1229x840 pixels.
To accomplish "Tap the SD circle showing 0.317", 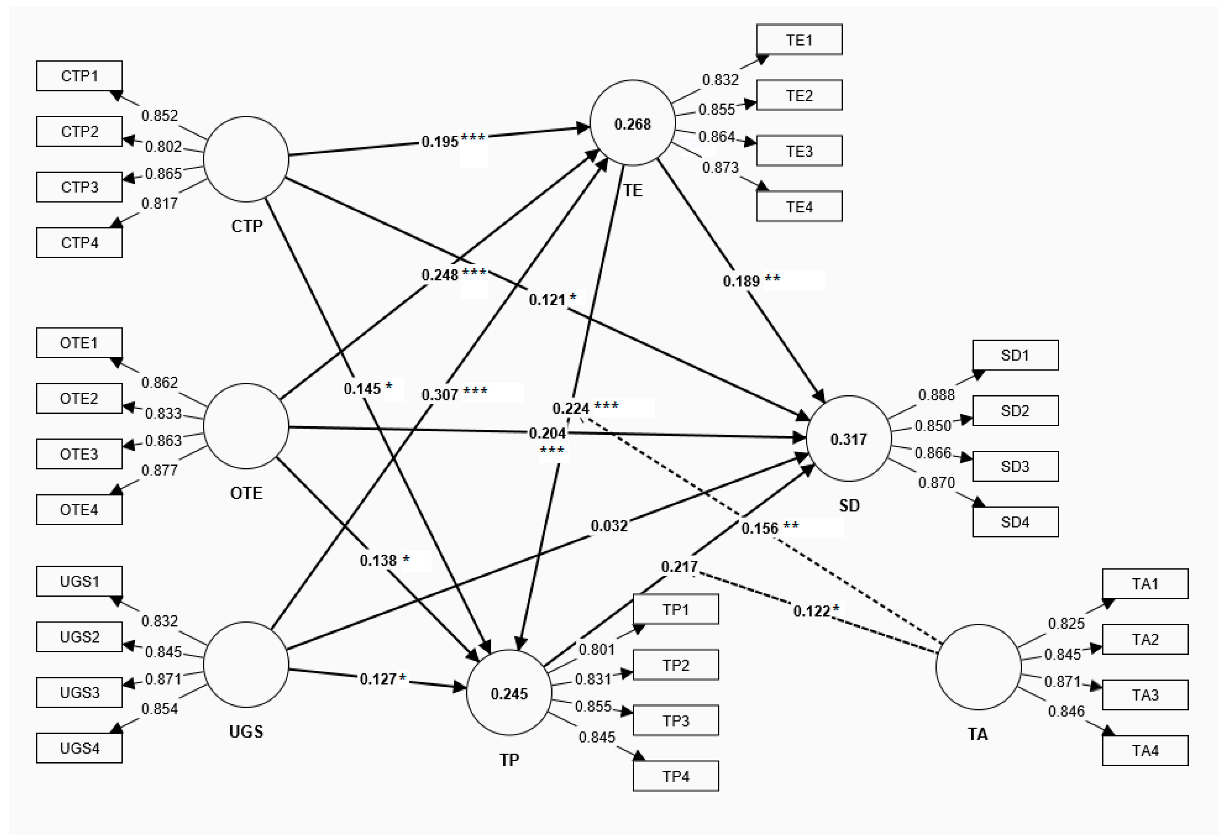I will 848,439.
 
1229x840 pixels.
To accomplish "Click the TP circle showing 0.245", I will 509,693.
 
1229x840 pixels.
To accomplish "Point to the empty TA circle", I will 978,666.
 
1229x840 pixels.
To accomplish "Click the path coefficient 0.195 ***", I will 453,141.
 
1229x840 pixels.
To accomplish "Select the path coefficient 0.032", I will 609,526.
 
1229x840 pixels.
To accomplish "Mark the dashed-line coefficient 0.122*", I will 816,611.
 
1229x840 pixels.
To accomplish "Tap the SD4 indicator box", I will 1015,522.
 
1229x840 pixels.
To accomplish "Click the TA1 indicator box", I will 1145,584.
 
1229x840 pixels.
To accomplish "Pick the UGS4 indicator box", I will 79,748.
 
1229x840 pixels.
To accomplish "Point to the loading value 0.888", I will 936,395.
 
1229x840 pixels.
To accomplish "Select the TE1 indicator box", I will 799,40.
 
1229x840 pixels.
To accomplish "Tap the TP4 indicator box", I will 675,776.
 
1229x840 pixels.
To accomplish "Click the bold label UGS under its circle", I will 246,731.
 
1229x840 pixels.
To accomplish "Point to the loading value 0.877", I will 160,470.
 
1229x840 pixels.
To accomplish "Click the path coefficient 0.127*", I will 382,679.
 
